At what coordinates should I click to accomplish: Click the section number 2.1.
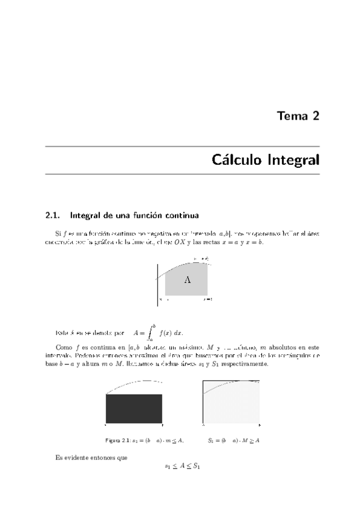(x=54, y=214)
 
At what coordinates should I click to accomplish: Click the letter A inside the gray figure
(x=188, y=280)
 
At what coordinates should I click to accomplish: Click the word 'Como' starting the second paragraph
(x=63, y=347)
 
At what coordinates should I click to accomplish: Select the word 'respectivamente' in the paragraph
(x=238, y=364)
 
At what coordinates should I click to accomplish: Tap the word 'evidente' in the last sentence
(x=81, y=458)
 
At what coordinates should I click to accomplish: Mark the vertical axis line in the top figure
(x=158, y=284)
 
